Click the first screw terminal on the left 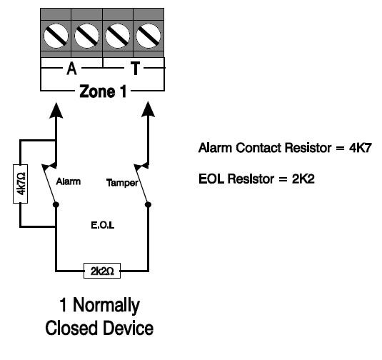56,33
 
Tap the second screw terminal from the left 87,33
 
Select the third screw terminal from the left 118,33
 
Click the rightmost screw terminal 149,33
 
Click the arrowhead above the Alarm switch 56,110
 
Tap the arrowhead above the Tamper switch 149,110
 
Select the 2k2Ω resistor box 102,272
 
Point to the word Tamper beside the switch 121,182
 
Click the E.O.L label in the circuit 103,224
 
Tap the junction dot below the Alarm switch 56,205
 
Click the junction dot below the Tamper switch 149,205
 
